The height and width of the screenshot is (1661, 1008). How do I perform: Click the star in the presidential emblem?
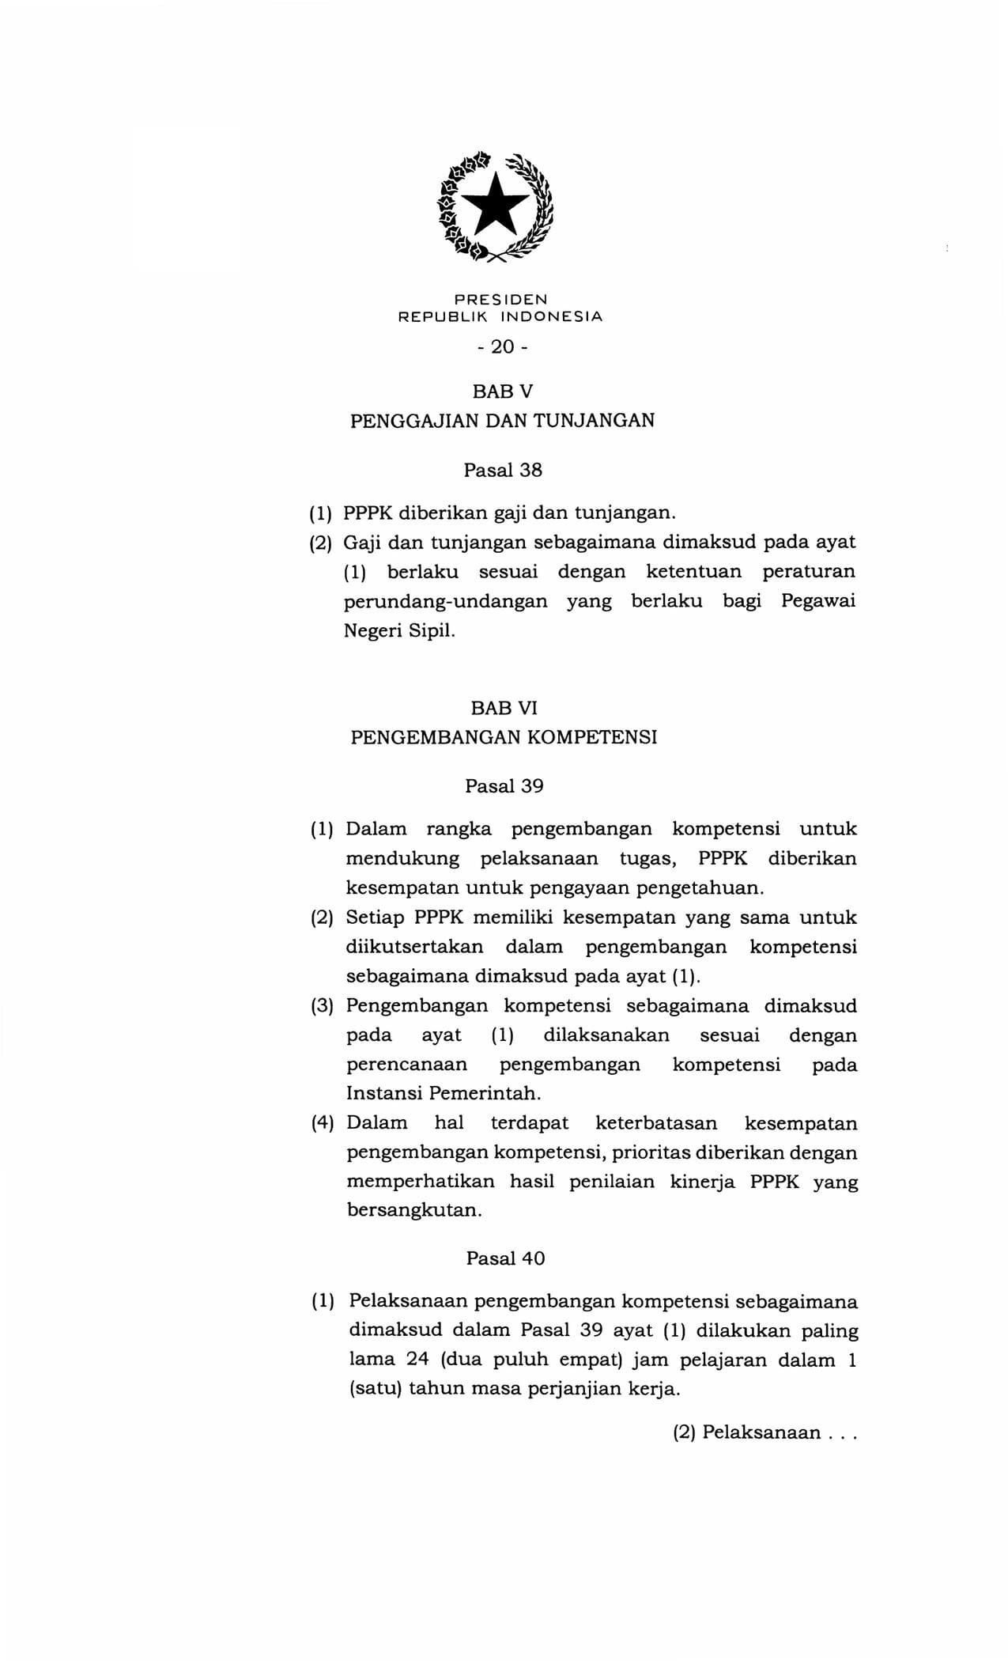pyautogui.click(x=496, y=204)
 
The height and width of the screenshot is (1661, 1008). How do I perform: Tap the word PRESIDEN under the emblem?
pyautogui.click(x=500, y=300)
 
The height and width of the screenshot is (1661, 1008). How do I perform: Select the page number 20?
pyautogui.click(x=502, y=346)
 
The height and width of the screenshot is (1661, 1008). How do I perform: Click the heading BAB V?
pyautogui.click(x=503, y=391)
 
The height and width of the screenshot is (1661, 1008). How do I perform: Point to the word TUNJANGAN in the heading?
pyautogui.click(x=594, y=420)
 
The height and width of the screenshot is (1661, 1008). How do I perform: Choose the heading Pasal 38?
pyautogui.click(x=503, y=470)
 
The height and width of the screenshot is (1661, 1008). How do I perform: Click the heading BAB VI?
pyautogui.click(x=504, y=708)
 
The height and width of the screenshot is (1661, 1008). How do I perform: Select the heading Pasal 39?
pyautogui.click(x=504, y=786)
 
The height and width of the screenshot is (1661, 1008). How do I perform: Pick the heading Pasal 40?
pyautogui.click(x=505, y=1258)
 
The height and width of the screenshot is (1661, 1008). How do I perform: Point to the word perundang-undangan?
pyautogui.click(x=445, y=601)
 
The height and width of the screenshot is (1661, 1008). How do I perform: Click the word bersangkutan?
pyautogui.click(x=413, y=1211)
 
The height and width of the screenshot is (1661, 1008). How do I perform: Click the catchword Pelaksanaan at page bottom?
pyautogui.click(x=761, y=1432)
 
